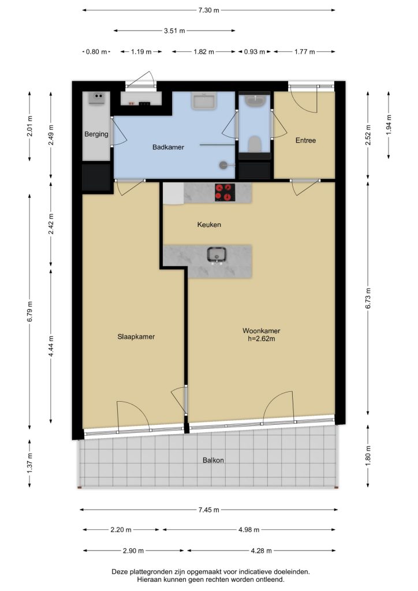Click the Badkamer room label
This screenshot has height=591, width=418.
pyautogui.click(x=168, y=147)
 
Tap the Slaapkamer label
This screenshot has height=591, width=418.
pyautogui.click(x=136, y=336)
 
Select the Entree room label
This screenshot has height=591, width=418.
pyautogui.click(x=305, y=140)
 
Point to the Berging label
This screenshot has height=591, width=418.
pyautogui.click(x=96, y=134)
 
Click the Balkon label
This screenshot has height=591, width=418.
pyautogui.click(x=214, y=460)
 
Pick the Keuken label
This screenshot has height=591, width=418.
pyautogui.click(x=209, y=225)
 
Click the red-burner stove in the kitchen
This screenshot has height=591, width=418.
pyautogui.click(x=225, y=192)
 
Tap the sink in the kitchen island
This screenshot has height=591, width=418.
pyautogui.click(x=217, y=255)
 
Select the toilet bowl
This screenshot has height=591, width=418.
pyautogui.click(x=255, y=144)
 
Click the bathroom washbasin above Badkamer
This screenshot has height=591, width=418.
pyautogui.click(x=204, y=101)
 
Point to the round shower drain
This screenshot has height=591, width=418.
pyautogui.click(x=224, y=164)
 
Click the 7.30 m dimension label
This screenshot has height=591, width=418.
pyautogui.click(x=209, y=10)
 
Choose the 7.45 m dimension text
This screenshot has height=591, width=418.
pyautogui.click(x=209, y=510)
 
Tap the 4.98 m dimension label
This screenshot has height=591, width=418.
pyautogui.click(x=249, y=530)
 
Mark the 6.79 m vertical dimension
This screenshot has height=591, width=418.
pyautogui.click(x=30, y=311)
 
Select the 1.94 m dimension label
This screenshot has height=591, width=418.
pyautogui.click(x=389, y=125)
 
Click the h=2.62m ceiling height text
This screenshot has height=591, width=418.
pyautogui.click(x=261, y=338)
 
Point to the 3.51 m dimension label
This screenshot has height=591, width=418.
pyautogui.click(x=174, y=31)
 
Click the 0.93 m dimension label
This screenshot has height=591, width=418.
pyautogui.click(x=255, y=51)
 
